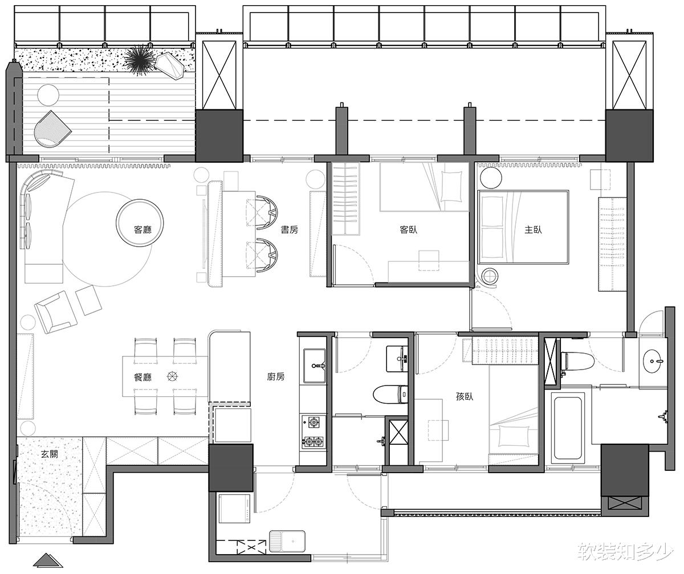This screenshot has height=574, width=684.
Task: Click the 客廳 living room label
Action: [x=143, y=229]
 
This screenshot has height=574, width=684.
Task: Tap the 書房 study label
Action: [x=289, y=229]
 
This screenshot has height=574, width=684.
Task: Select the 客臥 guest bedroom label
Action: [x=409, y=229]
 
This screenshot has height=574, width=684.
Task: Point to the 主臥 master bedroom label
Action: [x=533, y=229]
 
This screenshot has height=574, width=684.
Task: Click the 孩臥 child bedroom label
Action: [x=465, y=397]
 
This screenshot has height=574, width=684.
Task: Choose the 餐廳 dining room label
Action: [x=143, y=377]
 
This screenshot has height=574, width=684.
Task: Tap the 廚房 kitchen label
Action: [x=275, y=376]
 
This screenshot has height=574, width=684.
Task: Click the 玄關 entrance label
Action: [x=50, y=454]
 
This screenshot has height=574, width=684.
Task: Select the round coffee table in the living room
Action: [x=140, y=223]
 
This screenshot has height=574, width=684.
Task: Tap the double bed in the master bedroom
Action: [x=523, y=227]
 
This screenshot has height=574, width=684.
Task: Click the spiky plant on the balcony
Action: [x=139, y=61]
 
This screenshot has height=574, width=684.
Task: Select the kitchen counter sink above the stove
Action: [x=315, y=366]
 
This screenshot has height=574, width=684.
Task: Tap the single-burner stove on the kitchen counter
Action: [x=313, y=422]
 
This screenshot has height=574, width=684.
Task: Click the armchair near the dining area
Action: [x=56, y=311]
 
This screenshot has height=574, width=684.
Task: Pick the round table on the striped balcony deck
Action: [x=48, y=95]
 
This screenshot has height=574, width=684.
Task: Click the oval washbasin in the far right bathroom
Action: [x=652, y=361]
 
